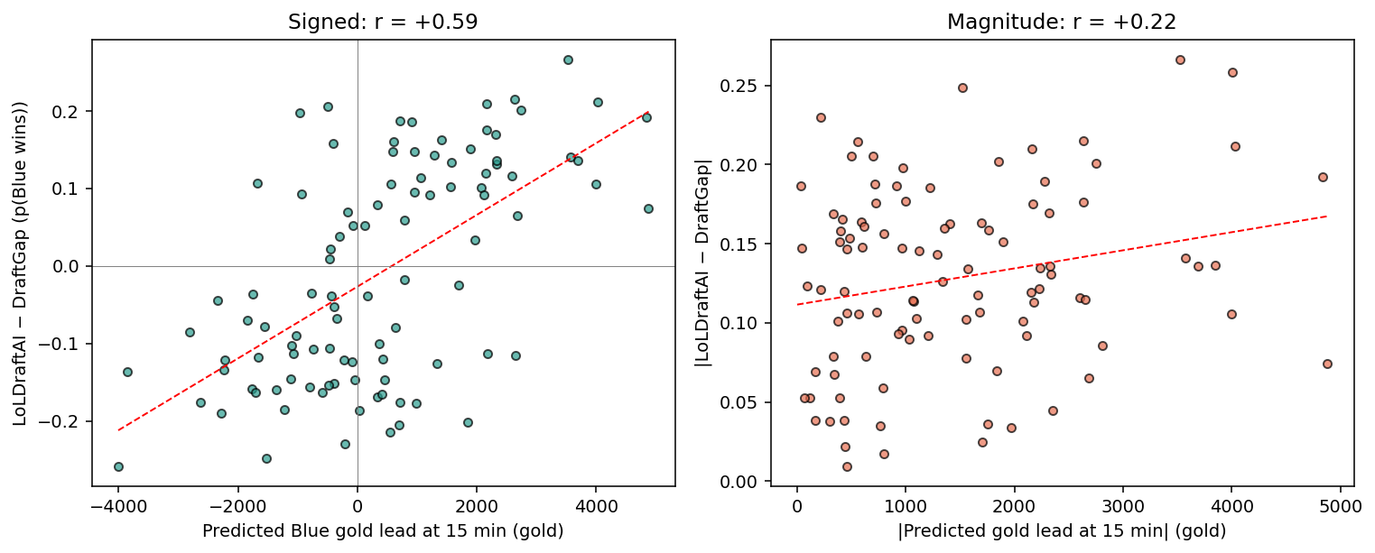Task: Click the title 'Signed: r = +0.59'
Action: (x=383, y=22)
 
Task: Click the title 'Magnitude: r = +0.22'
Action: (x=1062, y=22)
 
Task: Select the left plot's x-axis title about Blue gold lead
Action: (x=383, y=531)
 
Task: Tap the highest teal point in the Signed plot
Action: (x=568, y=60)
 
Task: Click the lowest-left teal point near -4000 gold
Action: (x=118, y=466)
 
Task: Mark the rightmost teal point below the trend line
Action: (x=648, y=208)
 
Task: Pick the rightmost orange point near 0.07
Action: (x=1327, y=364)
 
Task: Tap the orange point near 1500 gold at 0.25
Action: (x=962, y=88)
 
